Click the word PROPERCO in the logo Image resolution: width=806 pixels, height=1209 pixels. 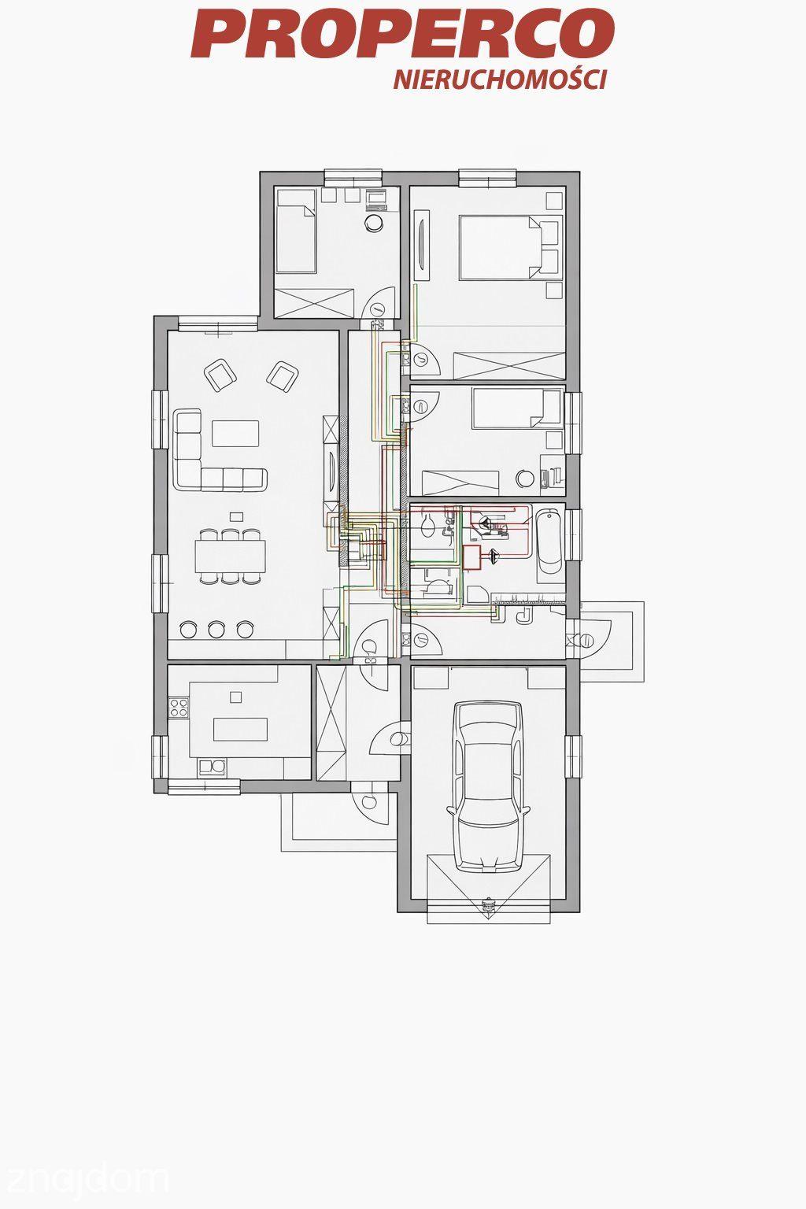[403, 34]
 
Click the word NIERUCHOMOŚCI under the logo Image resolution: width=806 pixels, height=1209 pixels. [500, 79]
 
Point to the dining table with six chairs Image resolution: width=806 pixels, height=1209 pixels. [231, 556]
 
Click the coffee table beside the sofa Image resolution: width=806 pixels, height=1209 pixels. [235, 434]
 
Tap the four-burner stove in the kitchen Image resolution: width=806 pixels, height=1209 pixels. [179, 708]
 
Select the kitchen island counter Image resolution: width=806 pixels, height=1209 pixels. [241, 729]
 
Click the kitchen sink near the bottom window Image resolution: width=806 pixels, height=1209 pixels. [213, 767]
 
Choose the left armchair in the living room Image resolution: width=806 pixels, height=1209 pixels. [220, 375]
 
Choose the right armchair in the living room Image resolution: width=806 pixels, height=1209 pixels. [283, 376]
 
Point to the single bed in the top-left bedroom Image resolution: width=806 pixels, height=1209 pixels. [295, 239]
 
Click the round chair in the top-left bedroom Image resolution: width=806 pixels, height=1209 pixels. [374, 222]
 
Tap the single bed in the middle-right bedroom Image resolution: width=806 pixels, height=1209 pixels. [517, 409]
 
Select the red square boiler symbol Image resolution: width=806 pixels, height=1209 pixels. [472, 556]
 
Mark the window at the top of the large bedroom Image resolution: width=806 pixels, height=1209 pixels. [488, 178]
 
